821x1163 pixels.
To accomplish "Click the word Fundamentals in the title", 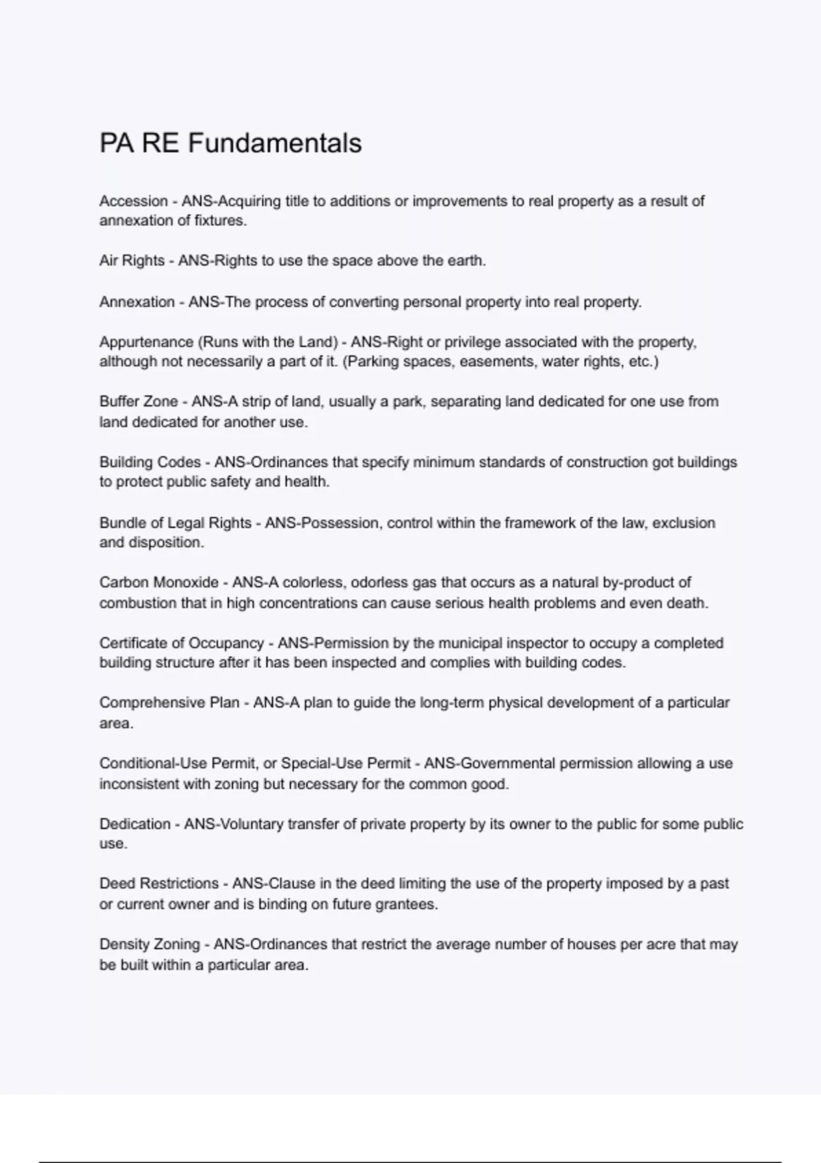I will (274, 143).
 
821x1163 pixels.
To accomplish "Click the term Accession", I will (133, 201).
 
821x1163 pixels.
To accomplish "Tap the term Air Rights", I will (132, 261).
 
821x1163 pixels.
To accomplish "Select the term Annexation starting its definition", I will (137, 302).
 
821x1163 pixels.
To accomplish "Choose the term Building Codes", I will (150, 462).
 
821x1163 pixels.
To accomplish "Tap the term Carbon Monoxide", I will (159, 582).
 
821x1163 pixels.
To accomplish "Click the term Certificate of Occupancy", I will (181, 643).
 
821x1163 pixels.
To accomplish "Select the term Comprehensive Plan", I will (169, 703).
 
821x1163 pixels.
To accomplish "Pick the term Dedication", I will (135, 824).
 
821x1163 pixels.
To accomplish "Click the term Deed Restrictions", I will (159, 883).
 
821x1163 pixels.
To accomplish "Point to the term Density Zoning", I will (149, 944).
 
